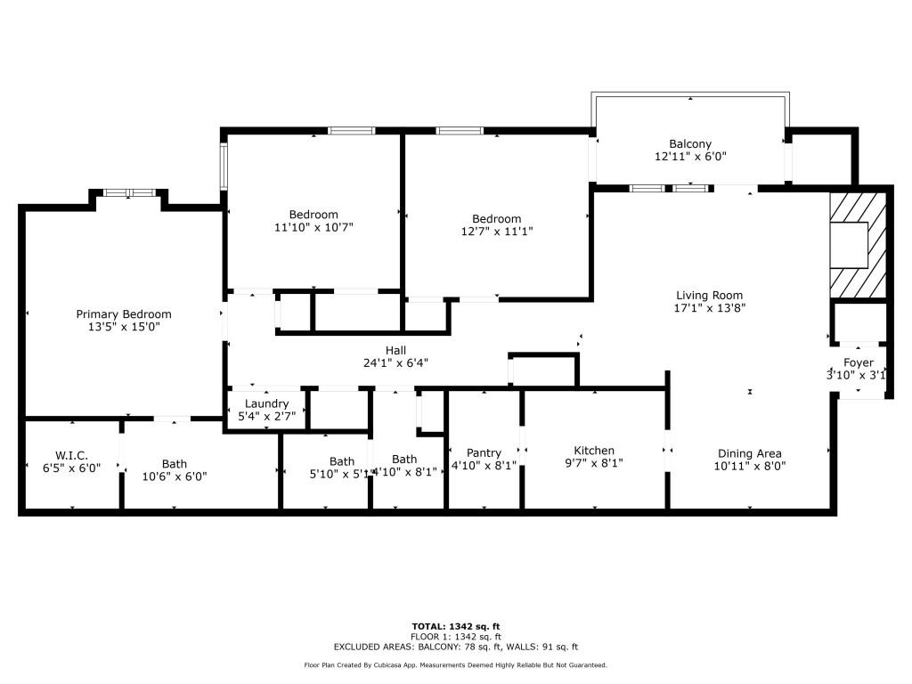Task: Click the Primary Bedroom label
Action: pos(124,313)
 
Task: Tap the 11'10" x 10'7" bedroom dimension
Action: pos(313,227)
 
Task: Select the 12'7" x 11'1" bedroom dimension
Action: pos(496,232)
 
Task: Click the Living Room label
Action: pos(709,295)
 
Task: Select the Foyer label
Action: pos(859,362)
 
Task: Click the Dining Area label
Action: pos(749,453)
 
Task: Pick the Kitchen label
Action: pos(594,451)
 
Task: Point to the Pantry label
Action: pos(484,452)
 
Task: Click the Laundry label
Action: pos(266,403)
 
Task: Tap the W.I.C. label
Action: pos(71,455)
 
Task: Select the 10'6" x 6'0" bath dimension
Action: pos(175,476)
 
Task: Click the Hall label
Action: pos(395,350)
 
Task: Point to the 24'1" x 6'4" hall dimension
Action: pos(395,363)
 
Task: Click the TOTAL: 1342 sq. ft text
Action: pos(455,626)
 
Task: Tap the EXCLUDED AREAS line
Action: pos(455,647)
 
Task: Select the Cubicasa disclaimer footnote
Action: pos(455,665)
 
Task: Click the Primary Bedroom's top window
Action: pos(129,192)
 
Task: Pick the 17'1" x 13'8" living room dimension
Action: pos(709,308)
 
